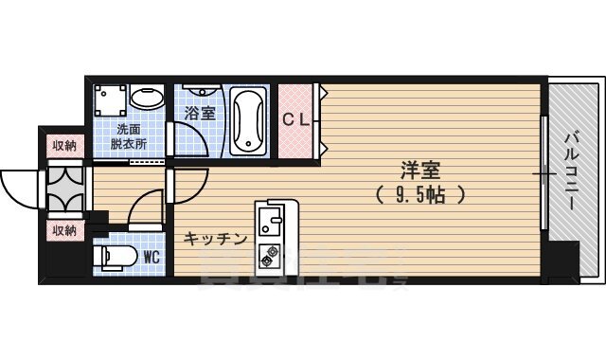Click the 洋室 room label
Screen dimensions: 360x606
(421, 171)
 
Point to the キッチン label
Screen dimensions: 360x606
(217, 238)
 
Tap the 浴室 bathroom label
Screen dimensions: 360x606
(199, 113)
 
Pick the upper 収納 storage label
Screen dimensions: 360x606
(64, 145)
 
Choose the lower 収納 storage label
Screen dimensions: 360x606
(64, 230)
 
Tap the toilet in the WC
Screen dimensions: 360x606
(114, 258)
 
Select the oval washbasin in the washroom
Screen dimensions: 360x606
(146, 99)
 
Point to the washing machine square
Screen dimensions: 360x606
(110, 99)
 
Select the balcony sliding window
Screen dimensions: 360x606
(544, 173)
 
